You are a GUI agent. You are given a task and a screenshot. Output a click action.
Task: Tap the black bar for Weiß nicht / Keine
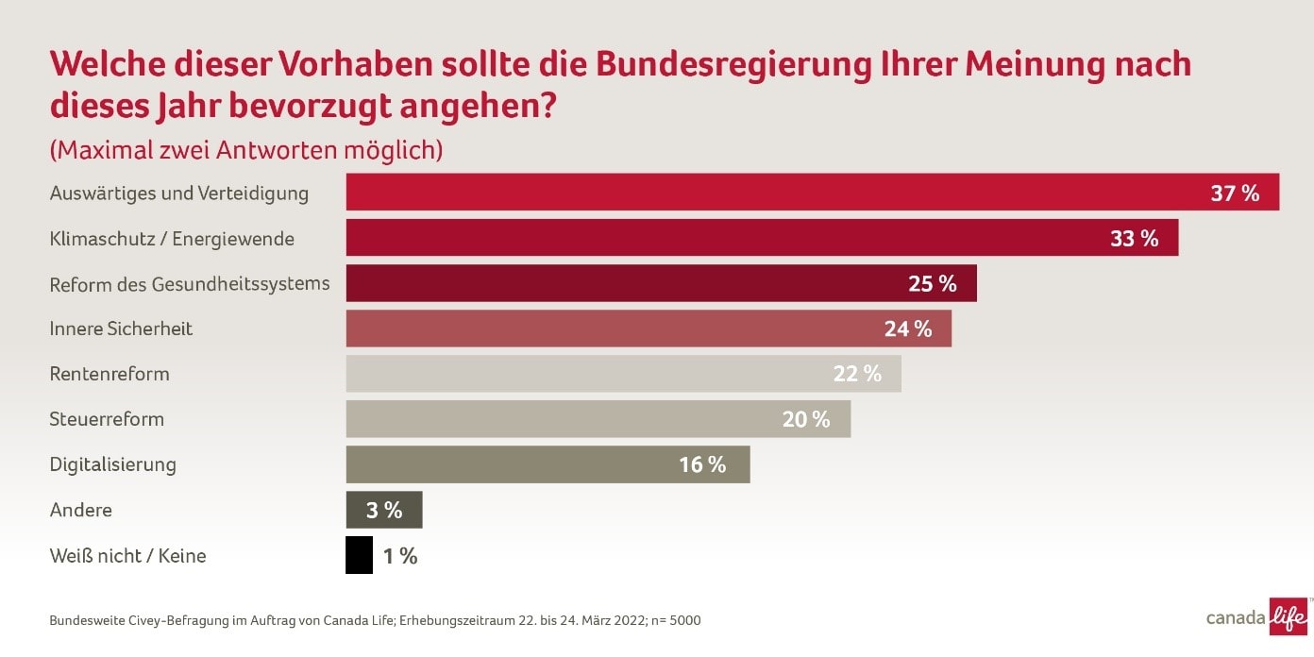pos(359,555)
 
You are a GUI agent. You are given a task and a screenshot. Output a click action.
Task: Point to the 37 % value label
pos(1235,194)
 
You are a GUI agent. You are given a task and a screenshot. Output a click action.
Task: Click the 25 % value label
pos(933,283)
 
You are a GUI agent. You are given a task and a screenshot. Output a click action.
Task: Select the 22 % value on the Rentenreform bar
pos(857,374)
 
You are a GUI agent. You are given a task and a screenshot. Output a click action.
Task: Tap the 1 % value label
pos(400,556)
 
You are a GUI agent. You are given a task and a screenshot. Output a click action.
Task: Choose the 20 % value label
pos(806,419)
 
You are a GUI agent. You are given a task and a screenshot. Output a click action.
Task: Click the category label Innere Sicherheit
pos(121,328)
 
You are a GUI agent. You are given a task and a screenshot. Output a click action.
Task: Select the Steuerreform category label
pos(107,419)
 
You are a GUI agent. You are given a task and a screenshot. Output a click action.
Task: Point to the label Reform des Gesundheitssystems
pos(190,283)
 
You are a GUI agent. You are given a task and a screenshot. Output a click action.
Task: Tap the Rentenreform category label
pos(109,374)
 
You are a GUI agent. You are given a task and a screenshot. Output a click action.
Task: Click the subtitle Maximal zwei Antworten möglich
pos(245,149)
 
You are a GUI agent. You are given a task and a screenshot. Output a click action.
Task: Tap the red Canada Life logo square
pos(1289,616)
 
